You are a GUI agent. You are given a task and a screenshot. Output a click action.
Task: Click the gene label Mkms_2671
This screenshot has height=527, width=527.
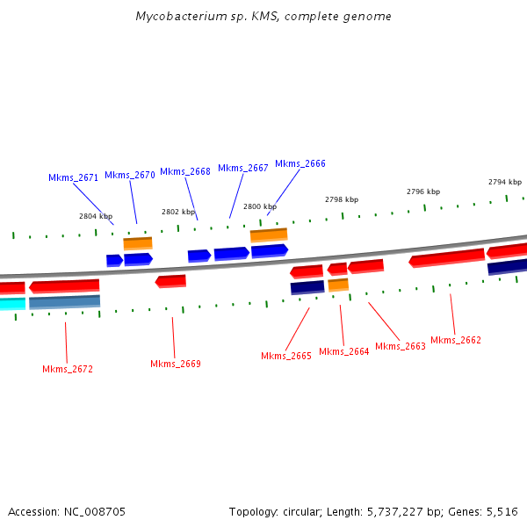pos(73,177)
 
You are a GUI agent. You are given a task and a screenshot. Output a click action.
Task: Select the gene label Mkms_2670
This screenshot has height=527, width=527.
pos(130,175)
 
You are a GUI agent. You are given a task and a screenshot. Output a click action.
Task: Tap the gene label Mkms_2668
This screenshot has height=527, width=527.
pos(185,171)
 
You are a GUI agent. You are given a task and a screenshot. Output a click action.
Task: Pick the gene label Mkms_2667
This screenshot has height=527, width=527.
pos(243,168)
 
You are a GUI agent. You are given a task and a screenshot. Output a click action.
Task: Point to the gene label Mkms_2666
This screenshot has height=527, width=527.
pos(300,163)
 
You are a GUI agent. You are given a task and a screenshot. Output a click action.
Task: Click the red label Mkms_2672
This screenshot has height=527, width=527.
pos(68,369)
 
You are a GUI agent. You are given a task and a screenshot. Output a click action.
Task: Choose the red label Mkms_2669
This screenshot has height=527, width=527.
pos(176,364)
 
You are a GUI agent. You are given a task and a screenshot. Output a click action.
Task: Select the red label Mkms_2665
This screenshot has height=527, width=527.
pos(286,356)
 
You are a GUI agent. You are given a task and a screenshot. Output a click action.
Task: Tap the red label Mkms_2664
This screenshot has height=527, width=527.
pos(344,351)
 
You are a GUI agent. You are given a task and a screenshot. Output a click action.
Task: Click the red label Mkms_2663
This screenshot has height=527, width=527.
pos(401,346)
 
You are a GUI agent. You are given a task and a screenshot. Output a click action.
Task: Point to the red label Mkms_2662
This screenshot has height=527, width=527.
pos(456,340)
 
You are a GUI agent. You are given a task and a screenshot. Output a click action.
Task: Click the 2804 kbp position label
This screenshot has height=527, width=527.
pos(96,215)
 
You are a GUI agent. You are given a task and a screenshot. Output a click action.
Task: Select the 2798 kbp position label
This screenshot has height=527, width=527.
pos(342,199)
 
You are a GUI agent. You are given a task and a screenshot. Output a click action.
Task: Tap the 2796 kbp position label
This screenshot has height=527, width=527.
pos(423,191)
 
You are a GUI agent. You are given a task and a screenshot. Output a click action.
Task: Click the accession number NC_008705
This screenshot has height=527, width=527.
pos(94,511)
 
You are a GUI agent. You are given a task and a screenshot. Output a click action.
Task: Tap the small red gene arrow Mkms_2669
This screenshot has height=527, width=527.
pos(170,281)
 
